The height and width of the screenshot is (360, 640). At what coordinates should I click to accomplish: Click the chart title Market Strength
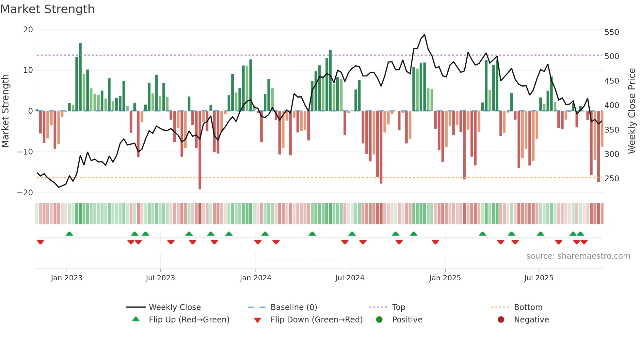(x=47, y=9)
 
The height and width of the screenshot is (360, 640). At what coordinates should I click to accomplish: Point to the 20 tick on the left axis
(x=28, y=30)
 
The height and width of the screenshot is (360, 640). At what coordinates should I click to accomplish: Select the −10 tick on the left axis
(x=25, y=152)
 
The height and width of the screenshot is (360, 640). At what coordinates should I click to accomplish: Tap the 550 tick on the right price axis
(x=612, y=32)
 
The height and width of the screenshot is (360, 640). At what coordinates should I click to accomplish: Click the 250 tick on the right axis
(x=612, y=179)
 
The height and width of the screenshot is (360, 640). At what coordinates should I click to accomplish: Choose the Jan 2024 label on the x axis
(x=255, y=278)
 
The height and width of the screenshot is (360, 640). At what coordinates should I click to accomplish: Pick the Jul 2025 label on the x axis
(x=538, y=278)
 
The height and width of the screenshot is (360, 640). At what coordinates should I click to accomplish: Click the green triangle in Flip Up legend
(x=136, y=319)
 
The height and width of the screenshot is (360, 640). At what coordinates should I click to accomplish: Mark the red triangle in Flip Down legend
(x=257, y=320)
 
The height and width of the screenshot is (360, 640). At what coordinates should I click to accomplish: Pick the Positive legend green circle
(x=379, y=320)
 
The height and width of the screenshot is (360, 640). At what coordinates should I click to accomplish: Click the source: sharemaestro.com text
(x=578, y=256)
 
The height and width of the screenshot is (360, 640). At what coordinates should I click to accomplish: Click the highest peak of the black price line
(x=424, y=35)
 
